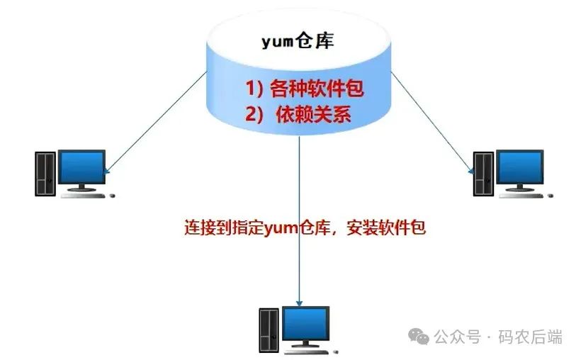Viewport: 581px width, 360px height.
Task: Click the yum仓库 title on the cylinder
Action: pyautogui.click(x=298, y=41)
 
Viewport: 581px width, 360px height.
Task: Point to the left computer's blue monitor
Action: pyautogui.click(x=82, y=167)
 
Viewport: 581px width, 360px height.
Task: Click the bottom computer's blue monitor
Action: pyautogui.click(x=305, y=324)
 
